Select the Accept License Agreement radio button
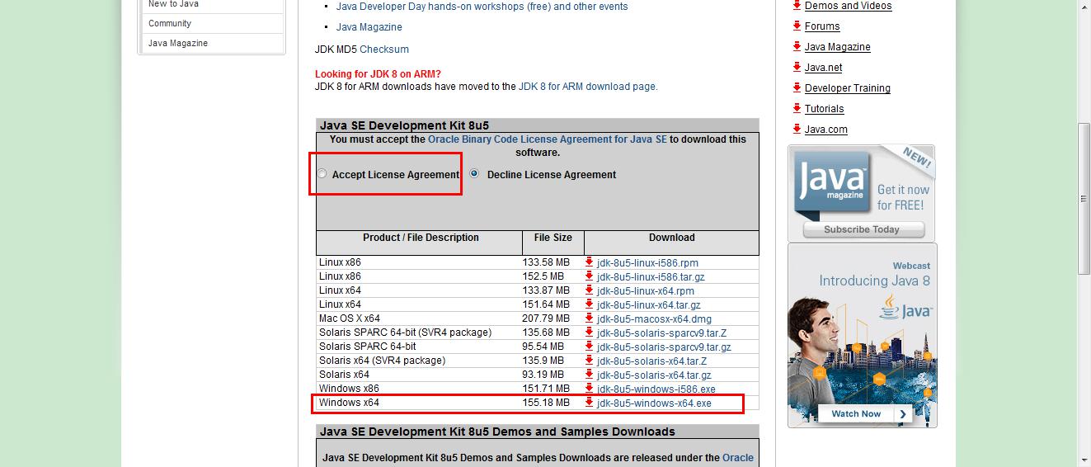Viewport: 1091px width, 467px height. point(322,174)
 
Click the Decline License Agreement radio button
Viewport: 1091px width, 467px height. point(474,174)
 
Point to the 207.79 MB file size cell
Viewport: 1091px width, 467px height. point(546,318)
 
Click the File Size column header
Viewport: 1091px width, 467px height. point(553,238)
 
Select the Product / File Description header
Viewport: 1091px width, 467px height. point(421,238)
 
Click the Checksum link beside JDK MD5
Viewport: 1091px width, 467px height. point(384,50)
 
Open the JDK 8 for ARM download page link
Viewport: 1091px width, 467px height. point(587,86)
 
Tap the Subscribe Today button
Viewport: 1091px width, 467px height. point(862,229)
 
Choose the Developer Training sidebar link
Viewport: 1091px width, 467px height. point(847,88)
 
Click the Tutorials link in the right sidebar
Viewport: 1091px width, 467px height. point(824,109)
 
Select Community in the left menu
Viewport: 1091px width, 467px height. point(170,23)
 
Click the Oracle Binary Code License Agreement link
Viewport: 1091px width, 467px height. point(547,139)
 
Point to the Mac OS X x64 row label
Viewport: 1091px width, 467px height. point(350,318)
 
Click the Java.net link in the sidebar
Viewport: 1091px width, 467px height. point(823,68)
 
